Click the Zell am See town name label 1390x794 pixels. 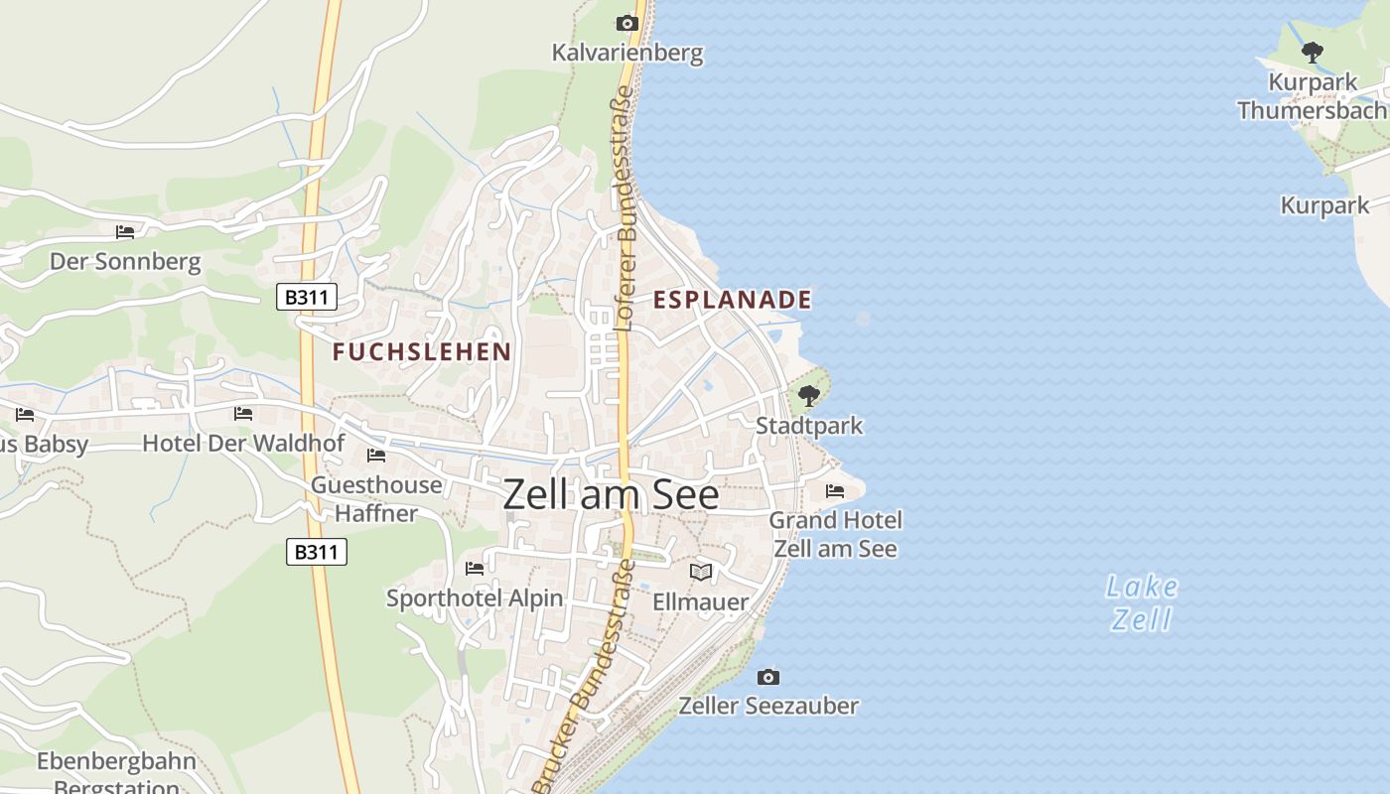click(611, 493)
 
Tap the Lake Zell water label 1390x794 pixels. click(1142, 602)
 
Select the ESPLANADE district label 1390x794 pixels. click(732, 299)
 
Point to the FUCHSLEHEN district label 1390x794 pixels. click(422, 351)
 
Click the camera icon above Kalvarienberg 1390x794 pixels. click(626, 23)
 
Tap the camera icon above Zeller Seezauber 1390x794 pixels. click(767, 677)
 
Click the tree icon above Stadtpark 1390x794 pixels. click(809, 396)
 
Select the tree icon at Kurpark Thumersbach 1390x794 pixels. click(1312, 52)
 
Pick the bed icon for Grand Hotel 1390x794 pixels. click(835, 490)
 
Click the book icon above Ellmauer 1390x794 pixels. click(701, 572)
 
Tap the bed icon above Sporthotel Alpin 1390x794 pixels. click(475, 569)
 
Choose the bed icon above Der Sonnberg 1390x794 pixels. click(125, 232)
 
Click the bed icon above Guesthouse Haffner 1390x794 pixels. click(376, 456)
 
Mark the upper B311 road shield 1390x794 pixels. click(307, 296)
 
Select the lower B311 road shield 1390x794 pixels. click(317, 552)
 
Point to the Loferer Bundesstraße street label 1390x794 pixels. click(625, 208)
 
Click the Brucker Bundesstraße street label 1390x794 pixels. click(585, 675)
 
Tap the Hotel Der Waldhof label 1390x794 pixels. click(243, 443)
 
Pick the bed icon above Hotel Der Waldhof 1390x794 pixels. click(243, 414)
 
